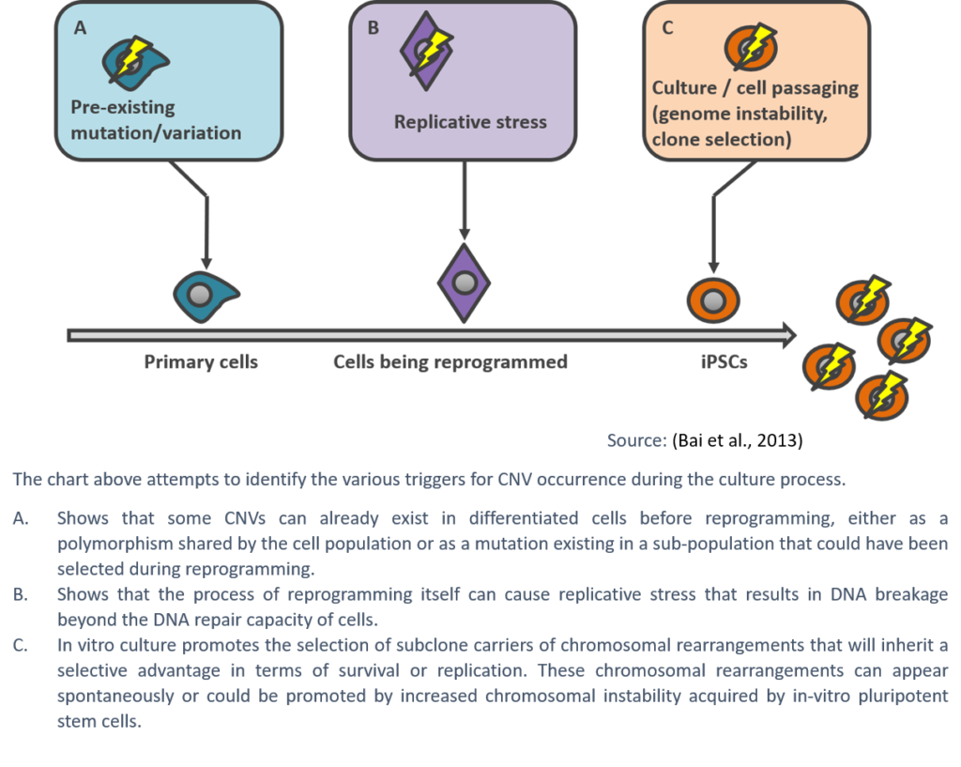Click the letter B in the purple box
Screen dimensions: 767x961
(373, 28)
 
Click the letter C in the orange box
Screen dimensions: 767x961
(667, 28)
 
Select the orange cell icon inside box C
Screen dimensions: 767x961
(750, 48)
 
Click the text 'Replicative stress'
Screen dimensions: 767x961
(470, 122)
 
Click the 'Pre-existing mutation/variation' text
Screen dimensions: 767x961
(156, 120)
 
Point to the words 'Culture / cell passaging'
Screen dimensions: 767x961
(755, 88)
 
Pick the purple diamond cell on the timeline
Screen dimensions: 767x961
(465, 283)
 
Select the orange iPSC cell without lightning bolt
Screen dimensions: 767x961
(713, 300)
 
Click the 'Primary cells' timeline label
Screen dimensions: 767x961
(201, 362)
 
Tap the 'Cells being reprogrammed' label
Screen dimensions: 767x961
(450, 362)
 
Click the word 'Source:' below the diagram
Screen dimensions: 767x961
(636, 440)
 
